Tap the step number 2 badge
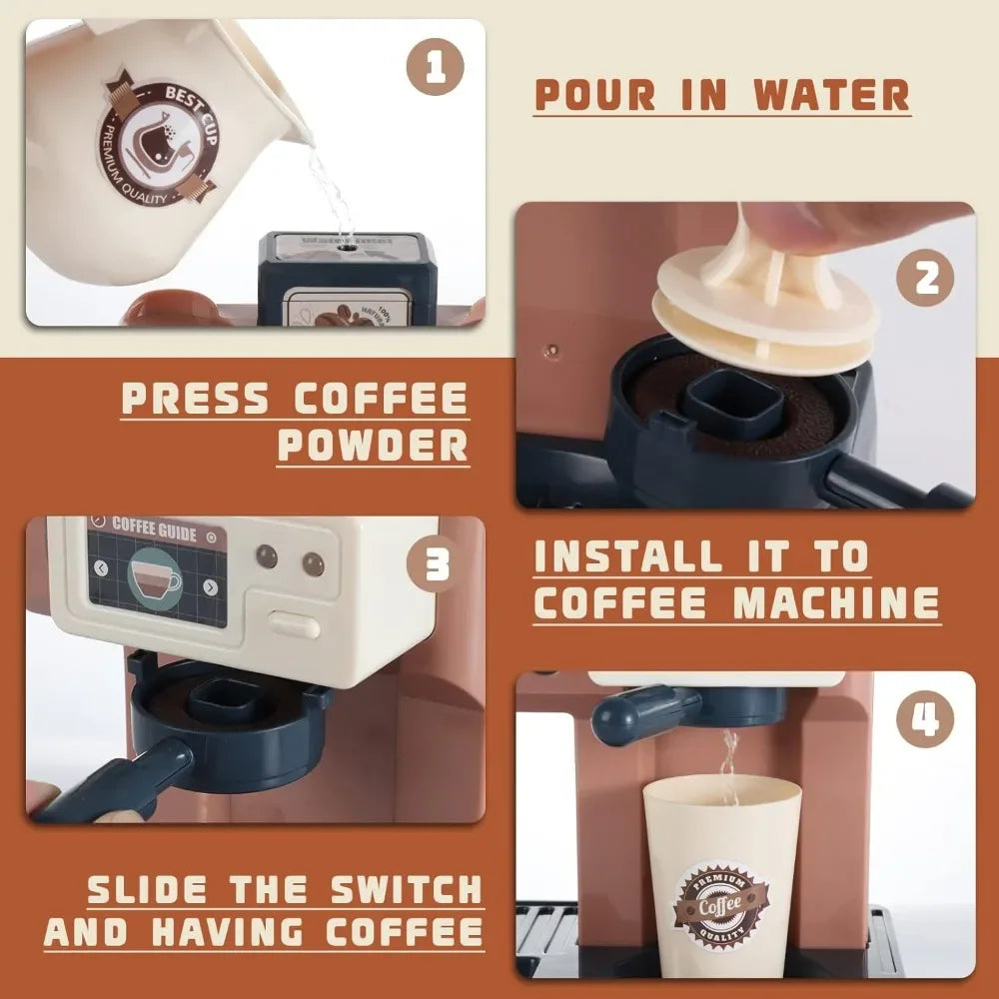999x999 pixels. (x=926, y=278)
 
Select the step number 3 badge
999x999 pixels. (x=436, y=567)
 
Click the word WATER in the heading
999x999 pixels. (x=831, y=94)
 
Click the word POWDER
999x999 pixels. (x=374, y=445)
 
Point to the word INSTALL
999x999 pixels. (x=618, y=556)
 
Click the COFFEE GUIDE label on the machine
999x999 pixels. (x=154, y=525)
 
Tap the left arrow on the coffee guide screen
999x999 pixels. (x=101, y=567)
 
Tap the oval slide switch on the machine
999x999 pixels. (x=295, y=626)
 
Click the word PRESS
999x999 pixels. (x=195, y=400)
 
